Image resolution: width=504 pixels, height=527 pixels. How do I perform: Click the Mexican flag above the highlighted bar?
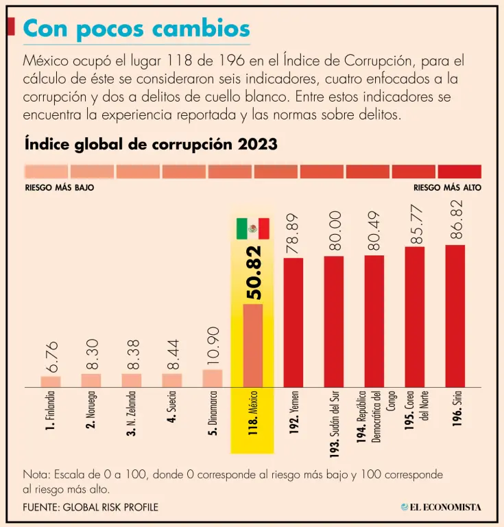252,229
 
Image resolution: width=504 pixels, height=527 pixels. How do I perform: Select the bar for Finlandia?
51,381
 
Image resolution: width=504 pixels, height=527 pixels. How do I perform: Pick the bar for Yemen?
293,321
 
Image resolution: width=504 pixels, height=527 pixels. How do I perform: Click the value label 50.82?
253,272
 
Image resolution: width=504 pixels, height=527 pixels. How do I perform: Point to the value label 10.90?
213,345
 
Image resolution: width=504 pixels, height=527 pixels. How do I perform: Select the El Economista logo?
441,507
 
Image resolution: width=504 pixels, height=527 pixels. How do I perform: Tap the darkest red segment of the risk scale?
459,171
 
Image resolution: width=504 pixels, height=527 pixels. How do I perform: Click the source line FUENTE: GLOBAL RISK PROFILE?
91,507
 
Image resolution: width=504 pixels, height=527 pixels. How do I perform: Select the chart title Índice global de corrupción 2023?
151,144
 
